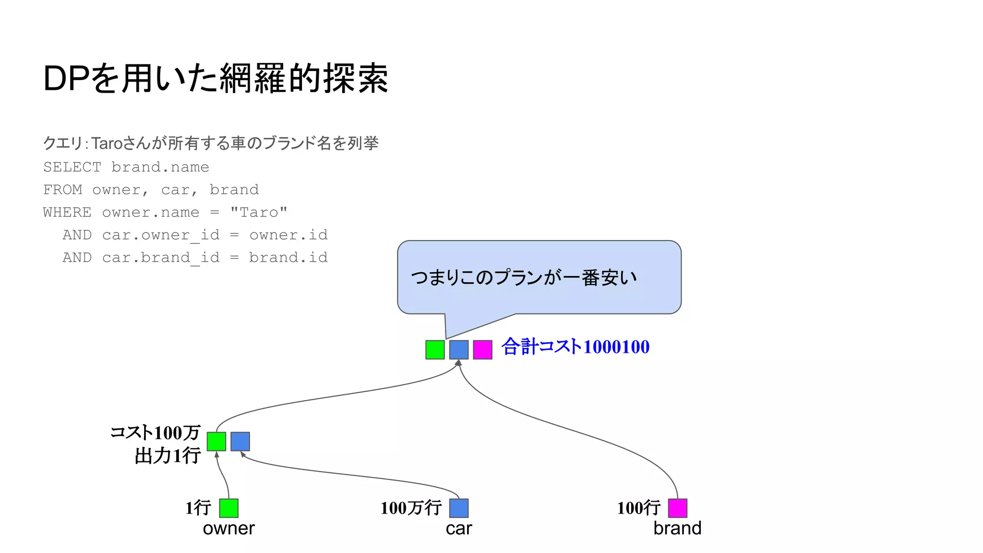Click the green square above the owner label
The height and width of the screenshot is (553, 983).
(228, 508)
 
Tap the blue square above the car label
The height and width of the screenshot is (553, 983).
(459, 508)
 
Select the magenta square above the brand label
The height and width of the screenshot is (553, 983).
(677, 508)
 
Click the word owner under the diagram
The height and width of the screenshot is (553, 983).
(228, 528)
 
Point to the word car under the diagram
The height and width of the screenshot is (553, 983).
(459, 529)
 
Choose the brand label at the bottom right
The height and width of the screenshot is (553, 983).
(677, 528)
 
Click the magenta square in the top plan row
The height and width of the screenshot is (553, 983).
(482, 349)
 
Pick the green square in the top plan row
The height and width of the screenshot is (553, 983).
(435, 349)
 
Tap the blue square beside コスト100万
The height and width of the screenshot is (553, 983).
(240, 441)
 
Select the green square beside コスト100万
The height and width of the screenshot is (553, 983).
(216, 441)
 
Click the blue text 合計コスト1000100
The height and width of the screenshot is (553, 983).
(575, 347)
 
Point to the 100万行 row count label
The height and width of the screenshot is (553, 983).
(411, 508)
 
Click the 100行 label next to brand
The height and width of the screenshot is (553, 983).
(638, 508)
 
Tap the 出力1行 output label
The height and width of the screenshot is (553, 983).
(168, 456)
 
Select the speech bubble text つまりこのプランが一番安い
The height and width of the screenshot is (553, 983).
(524, 277)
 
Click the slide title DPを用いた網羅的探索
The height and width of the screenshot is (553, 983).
(216, 78)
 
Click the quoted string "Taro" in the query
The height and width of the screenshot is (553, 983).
(259, 212)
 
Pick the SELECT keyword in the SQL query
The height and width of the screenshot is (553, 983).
(72, 167)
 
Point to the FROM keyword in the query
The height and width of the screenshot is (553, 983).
(62, 190)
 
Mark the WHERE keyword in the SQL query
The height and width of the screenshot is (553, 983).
(67, 212)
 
